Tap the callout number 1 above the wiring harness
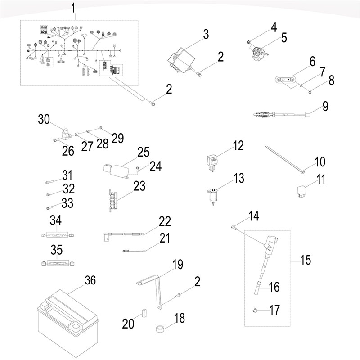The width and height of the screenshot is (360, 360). (75, 8)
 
